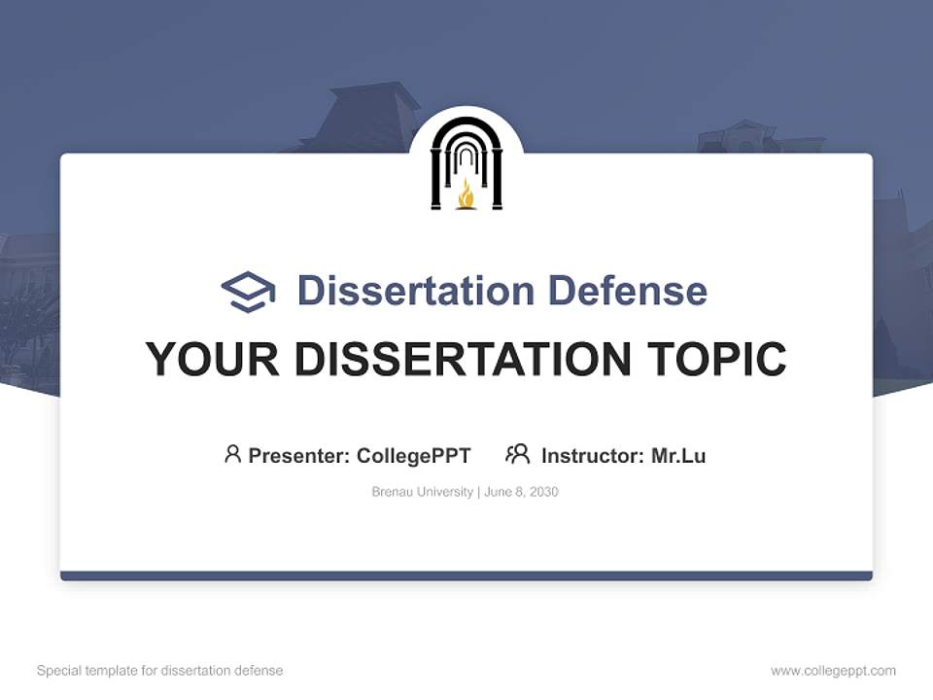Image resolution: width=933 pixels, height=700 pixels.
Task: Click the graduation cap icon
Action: point(248,292)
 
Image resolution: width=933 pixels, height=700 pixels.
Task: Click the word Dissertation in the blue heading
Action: point(416,291)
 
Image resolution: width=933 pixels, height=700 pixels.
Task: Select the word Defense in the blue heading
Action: point(627,291)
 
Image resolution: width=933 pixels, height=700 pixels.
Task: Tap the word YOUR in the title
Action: point(212,360)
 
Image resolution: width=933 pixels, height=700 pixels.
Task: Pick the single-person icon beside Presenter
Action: point(232,454)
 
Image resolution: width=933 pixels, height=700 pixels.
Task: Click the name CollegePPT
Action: point(414,456)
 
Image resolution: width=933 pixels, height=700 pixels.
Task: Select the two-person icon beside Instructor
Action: point(518,454)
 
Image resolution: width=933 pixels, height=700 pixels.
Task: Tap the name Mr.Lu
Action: point(678,456)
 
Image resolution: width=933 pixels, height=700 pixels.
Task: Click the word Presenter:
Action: point(299,456)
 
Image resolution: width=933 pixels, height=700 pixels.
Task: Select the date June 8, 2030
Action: point(522,492)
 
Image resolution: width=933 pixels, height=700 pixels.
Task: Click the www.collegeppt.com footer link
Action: point(833,671)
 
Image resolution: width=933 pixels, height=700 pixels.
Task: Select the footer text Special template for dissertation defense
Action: point(160,671)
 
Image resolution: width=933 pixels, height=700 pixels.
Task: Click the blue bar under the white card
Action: point(466,576)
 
